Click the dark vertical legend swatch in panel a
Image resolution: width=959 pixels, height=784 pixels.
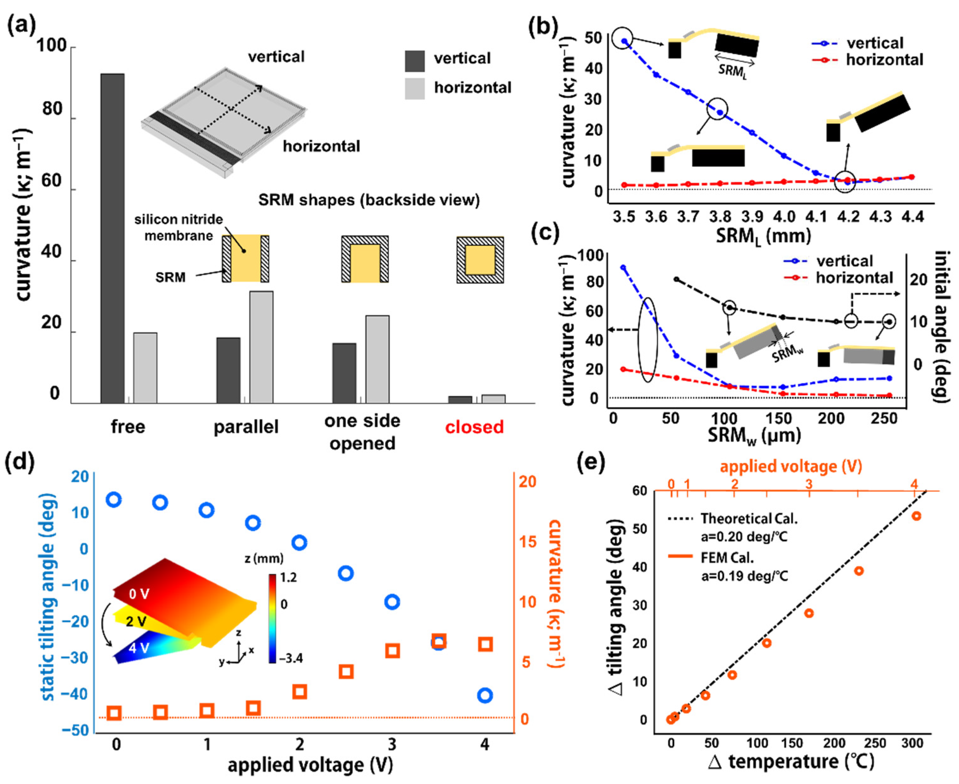click(415, 61)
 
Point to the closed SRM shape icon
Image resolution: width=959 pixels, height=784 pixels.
click(480, 260)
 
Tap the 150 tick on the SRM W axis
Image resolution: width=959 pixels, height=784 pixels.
click(780, 418)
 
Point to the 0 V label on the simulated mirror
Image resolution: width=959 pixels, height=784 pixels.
click(139, 593)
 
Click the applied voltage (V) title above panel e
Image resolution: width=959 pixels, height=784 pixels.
click(791, 466)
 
